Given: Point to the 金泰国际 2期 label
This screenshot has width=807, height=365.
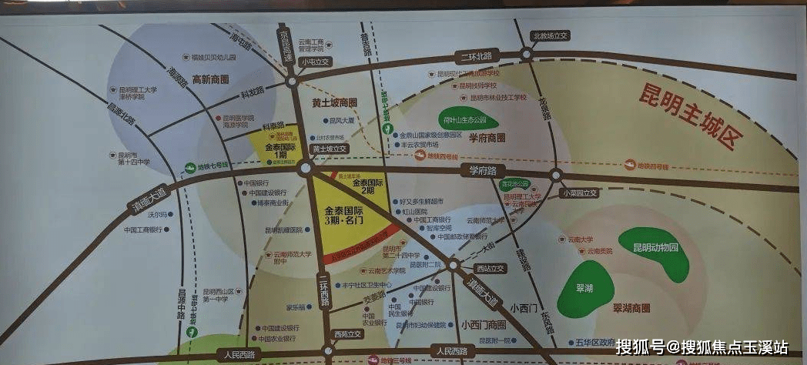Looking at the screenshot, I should coord(367,185).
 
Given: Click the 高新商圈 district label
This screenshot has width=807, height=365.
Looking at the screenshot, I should coord(211,79).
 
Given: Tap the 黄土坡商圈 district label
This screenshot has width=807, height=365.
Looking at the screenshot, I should coord(334,102).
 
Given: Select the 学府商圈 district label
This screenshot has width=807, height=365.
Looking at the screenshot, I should coord(486,138).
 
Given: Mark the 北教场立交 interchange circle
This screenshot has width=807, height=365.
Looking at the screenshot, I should coord(527,54).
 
